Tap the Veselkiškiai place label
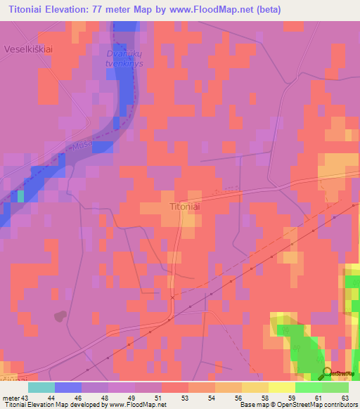[29, 49]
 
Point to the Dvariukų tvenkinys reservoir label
[124, 58]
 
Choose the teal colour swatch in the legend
[41, 387]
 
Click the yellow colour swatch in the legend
[282, 387]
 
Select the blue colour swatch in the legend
[68, 387]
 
